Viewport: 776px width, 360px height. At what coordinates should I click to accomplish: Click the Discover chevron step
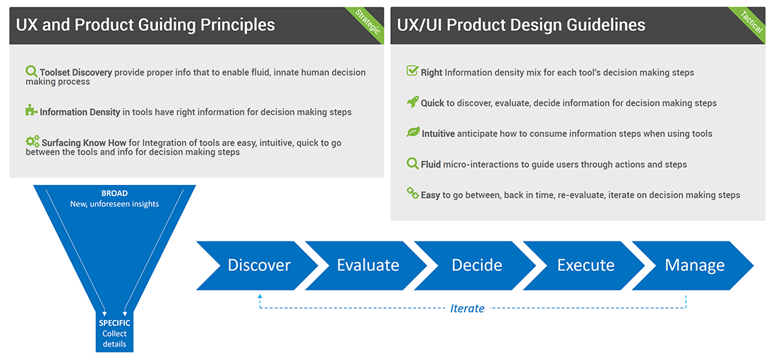(259, 265)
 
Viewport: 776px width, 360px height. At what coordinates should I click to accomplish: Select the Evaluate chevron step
(368, 265)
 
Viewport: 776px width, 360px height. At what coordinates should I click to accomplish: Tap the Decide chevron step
(477, 265)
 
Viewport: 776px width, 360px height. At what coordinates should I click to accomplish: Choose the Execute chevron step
(586, 265)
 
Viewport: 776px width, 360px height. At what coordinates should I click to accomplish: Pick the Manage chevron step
(695, 265)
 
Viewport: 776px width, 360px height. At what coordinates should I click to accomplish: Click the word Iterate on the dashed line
(467, 308)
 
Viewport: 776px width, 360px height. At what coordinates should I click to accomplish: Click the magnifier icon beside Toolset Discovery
(31, 71)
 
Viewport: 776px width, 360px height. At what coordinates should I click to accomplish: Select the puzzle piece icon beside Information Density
(31, 111)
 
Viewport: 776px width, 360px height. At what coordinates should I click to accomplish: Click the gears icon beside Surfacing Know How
(32, 141)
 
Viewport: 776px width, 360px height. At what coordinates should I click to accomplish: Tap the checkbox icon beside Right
(413, 71)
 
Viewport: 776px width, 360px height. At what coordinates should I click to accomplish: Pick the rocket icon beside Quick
(413, 102)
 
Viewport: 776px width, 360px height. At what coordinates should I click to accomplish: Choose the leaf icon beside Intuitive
(413, 133)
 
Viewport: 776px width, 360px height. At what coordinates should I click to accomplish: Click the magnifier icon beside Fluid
(413, 164)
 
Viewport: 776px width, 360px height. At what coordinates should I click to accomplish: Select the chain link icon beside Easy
(413, 193)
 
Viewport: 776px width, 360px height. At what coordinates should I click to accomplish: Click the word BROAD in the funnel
(114, 193)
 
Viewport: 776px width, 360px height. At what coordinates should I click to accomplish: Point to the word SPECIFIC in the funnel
(114, 323)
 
